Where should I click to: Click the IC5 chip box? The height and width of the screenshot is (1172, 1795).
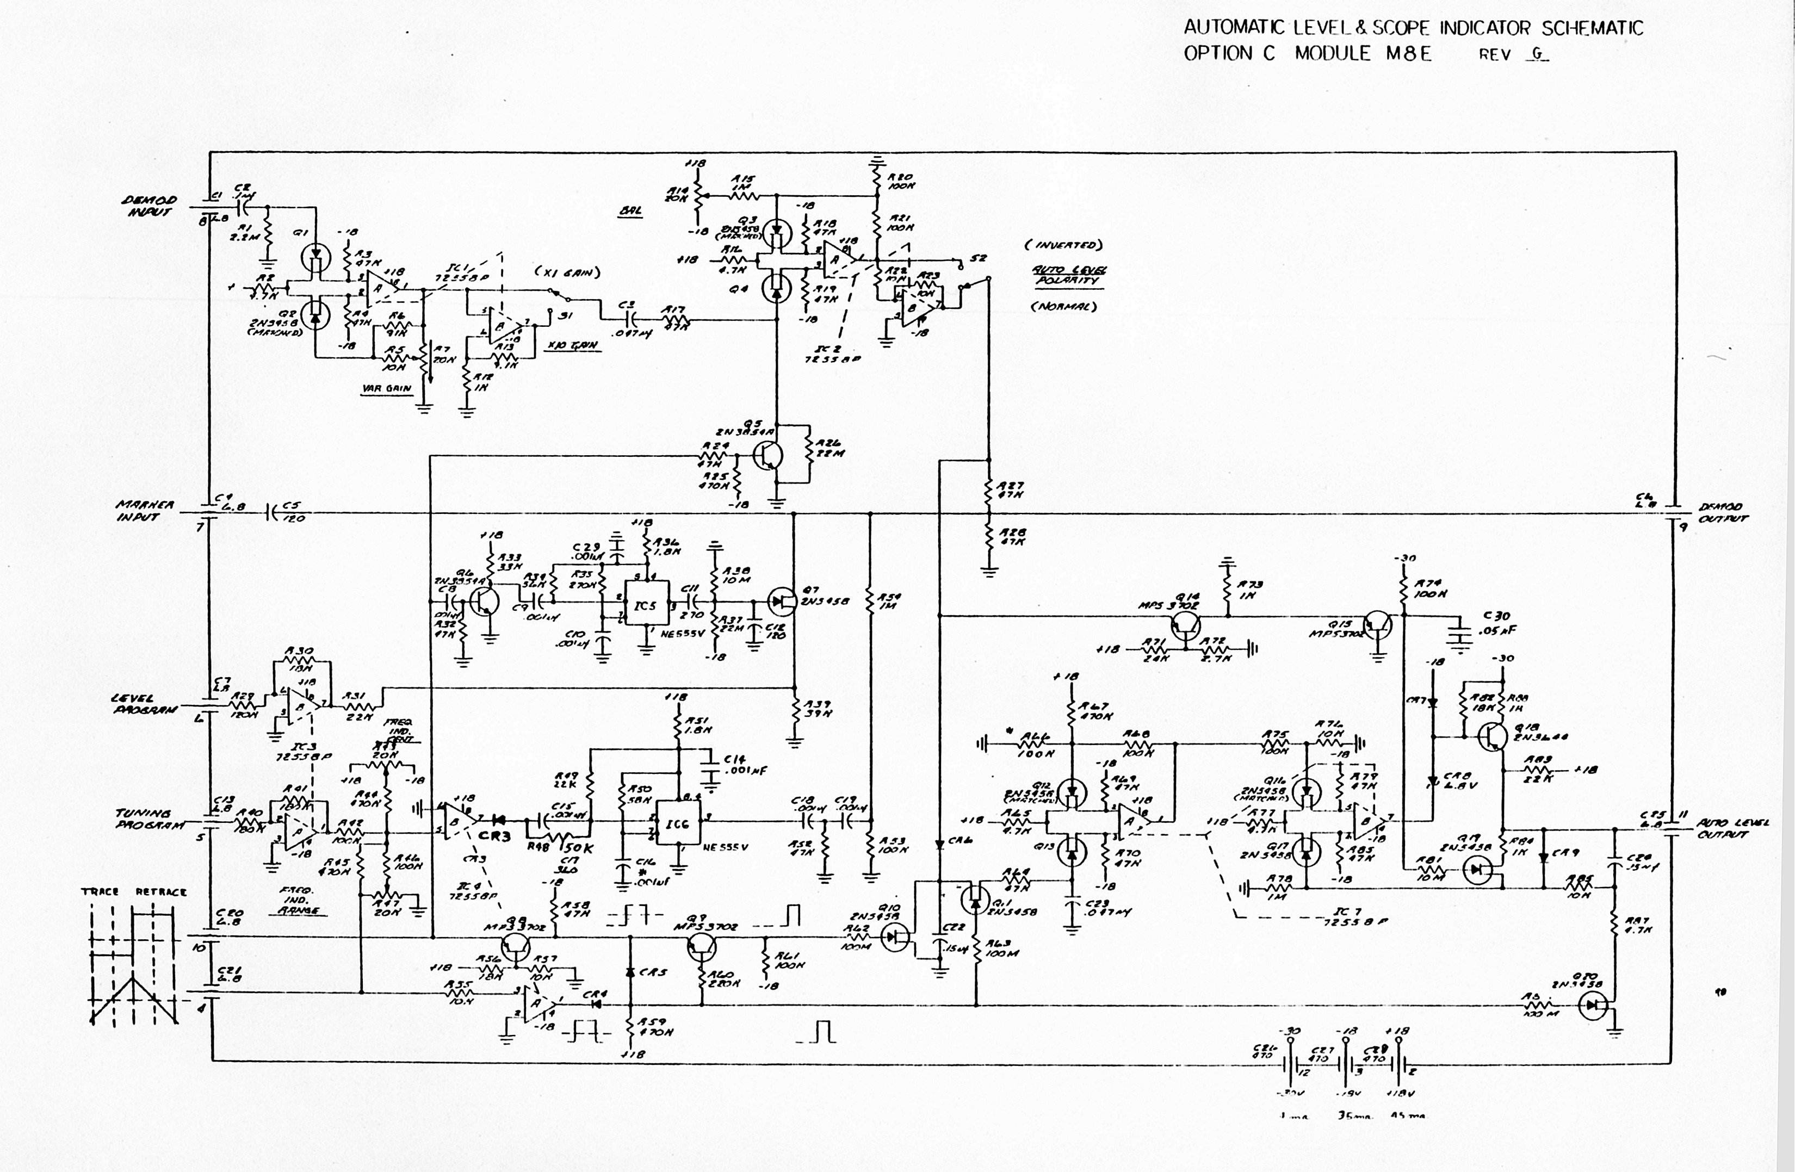pyautogui.click(x=646, y=604)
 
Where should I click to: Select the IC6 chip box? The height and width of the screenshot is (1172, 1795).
pyautogui.click(x=677, y=823)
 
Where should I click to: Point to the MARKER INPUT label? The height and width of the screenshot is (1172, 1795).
pyautogui.click(x=145, y=511)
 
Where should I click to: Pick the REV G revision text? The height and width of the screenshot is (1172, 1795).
pyautogui.click(x=1513, y=54)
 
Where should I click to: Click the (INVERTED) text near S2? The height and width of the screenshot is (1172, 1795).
pyautogui.click(x=1063, y=245)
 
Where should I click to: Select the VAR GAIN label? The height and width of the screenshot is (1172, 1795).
pyautogui.click(x=386, y=388)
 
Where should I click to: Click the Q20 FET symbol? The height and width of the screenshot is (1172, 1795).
pyautogui.click(x=1592, y=1004)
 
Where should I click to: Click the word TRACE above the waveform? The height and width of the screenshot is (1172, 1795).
pyautogui.click(x=100, y=891)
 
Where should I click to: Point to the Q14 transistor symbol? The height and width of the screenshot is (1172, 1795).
pyautogui.click(x=1186, y=626)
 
